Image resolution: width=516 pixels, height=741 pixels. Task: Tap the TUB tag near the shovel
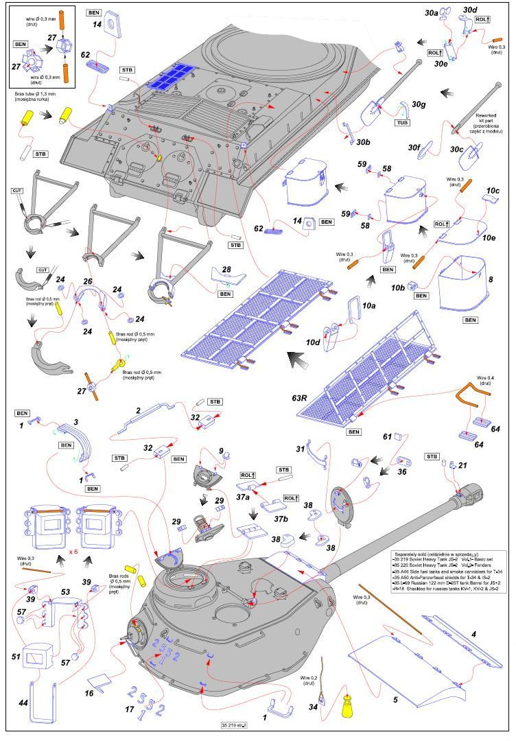[403, 123]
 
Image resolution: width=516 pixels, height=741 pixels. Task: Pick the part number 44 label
[23, 703]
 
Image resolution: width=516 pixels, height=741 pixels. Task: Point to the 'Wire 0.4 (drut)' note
[485, 381]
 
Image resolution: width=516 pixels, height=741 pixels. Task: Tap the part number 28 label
[226, 270]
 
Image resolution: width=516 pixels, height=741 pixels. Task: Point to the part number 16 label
[89, 694]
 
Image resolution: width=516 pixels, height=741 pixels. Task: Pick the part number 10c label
[493, 190]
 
